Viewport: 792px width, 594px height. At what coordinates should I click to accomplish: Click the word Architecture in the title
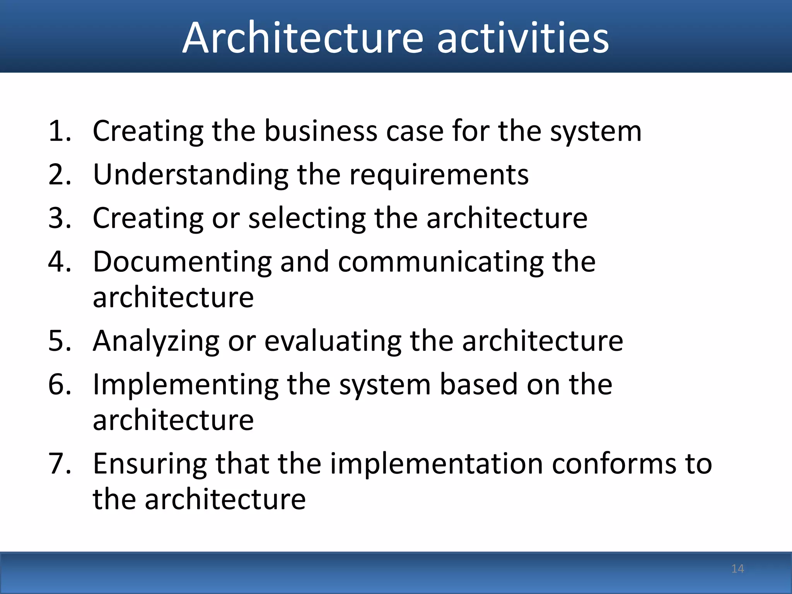click(x=303, y=38)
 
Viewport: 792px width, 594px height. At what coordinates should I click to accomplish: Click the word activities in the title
click(x=523, y=38)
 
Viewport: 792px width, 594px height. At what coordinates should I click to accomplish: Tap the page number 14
click(x=737, y=568)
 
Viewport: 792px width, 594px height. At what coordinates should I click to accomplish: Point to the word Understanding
click(x=190, y=175)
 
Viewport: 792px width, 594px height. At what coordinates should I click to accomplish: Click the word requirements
click(x=439, y=175)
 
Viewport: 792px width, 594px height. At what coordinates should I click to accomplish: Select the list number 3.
click(x=59, y=218)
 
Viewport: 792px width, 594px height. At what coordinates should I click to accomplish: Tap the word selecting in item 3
click(x=307, y=218)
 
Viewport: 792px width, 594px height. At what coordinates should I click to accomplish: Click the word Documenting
click(x=182, y=262)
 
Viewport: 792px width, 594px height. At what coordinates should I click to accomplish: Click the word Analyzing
click(x=156, y=341)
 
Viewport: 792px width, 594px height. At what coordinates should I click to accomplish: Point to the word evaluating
click(x=333, y=341)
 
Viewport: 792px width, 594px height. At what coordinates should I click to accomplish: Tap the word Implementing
click(x=185, y=385)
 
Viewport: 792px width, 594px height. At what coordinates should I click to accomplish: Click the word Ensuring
click(x=150, y=464)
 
